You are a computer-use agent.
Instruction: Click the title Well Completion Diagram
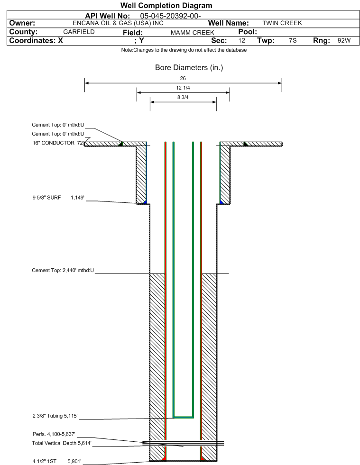166,6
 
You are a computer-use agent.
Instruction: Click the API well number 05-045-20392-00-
170,16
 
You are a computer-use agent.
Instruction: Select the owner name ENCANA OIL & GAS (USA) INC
118,23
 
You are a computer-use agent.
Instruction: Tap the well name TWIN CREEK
282,23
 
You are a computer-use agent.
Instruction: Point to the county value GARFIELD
79,32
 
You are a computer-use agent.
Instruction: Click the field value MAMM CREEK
192,33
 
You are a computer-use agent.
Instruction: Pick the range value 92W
344,41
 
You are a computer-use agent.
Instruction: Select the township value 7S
293,41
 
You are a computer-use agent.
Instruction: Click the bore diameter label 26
183,78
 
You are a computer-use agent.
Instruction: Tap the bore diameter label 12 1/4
183,88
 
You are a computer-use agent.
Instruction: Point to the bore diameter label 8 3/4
183,97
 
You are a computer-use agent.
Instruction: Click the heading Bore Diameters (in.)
189,68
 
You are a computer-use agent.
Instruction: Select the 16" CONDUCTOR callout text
58,143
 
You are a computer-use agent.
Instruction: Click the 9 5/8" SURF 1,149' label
58,198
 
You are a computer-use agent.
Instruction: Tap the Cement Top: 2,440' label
63,271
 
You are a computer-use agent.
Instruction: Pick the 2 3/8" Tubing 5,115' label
55,416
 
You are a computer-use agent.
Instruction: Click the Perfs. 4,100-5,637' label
54,434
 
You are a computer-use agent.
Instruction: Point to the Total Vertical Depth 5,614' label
62,443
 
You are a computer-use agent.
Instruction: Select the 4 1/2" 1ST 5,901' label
57,461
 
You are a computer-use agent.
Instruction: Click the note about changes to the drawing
184,50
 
